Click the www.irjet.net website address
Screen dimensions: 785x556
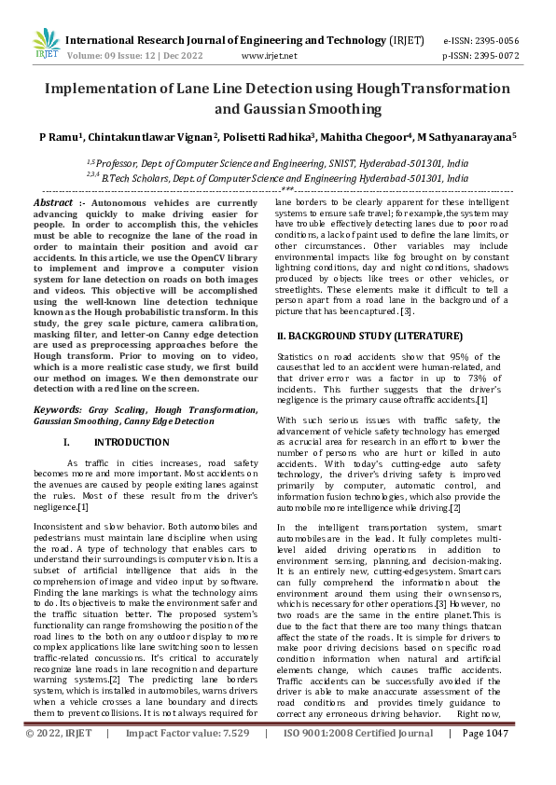[x=277, y=55]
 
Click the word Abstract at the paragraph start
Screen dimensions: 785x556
[x=53, y=202]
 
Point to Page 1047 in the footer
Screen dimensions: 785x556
[x=485, y=760]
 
